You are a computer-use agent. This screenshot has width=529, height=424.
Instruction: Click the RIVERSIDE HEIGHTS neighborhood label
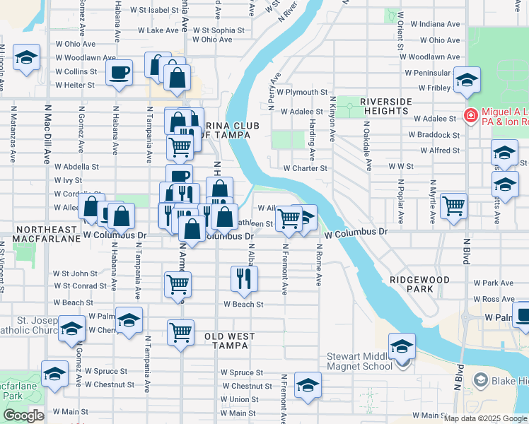pyautogui.click(x=385, y=107)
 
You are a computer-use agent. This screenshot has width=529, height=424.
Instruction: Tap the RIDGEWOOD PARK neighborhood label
pyautogui.click(x=419, y=285)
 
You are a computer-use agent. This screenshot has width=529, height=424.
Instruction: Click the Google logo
pyautogui.click(x=23, y=415)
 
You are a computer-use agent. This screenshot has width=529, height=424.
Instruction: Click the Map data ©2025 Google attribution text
pyautogui.click(x=484, y=418)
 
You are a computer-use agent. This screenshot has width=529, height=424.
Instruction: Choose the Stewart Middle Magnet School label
pyautogui.click(x=359, y=362)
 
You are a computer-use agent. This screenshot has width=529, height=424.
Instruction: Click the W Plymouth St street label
pyautogui.click(x=302, y=92)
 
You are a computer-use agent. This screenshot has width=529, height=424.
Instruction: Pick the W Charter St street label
pyautogui.click(x=306, y=168)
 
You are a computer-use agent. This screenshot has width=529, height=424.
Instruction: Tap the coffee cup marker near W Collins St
pyautogui.click(x=119, y=71)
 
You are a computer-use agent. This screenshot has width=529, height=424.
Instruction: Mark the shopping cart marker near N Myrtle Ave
pyautogui.click(x=453, y=205)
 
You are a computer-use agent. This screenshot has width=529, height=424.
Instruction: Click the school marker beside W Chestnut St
pyautogui.click(x=308, y=385)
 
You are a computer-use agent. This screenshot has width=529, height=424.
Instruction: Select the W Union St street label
pyautogui.click(x=238, y=400)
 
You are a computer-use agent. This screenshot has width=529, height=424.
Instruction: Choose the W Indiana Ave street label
pyautogui.click(x=434, y=24)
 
